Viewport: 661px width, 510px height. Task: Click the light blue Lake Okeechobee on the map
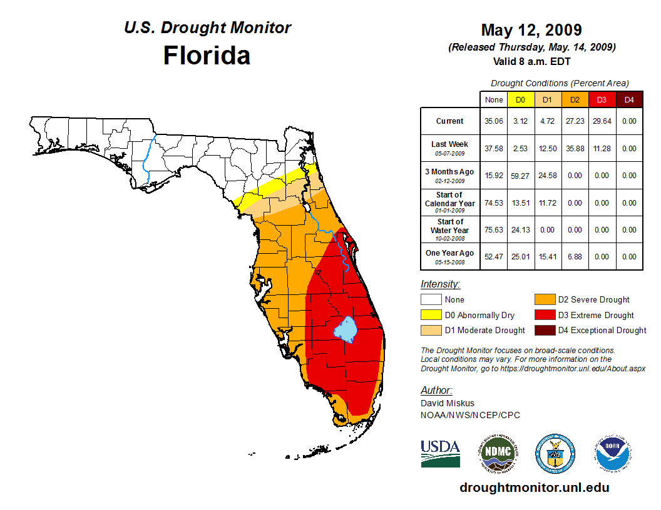point(346,329)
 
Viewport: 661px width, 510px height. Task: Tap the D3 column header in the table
point(602,99)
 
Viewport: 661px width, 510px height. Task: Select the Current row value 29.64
point(602,121)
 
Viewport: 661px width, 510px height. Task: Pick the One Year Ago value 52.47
point(493,256)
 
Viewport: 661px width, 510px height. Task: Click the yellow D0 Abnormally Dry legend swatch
point(431,315)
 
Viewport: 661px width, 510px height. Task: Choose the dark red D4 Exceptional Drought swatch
point(544,330)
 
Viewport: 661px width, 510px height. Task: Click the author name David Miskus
point(447,403)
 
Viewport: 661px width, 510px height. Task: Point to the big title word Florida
point(207,55)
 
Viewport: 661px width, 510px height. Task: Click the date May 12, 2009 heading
point(531,30)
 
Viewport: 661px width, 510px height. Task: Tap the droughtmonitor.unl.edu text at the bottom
point(534,487)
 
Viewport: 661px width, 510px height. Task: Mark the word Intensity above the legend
point(440,284)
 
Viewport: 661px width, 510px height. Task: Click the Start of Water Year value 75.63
point(493,229)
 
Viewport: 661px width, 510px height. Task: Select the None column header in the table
point(493,99)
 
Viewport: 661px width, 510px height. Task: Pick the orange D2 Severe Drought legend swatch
point(544,299)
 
